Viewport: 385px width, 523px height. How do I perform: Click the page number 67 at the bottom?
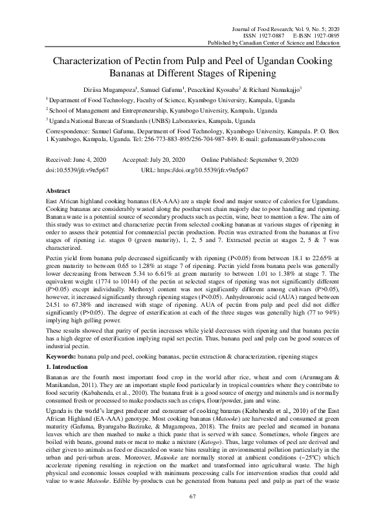click(192, 496)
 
